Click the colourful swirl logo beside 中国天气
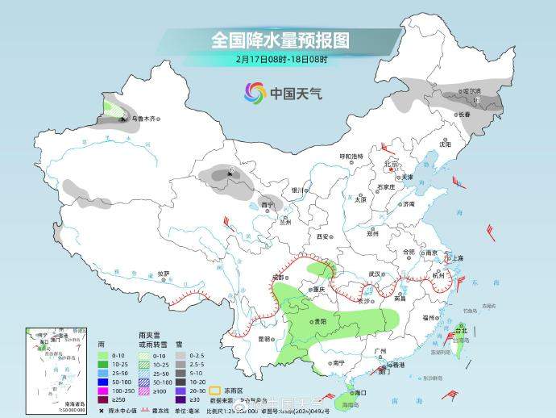(x=255, y=93)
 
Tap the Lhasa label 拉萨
(x=164, y=274)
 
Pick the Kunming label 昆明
(x=263, y=339)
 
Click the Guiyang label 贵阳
(x=321, y=321)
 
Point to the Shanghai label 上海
(x=458, y=258)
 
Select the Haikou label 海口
(x=360, y=393)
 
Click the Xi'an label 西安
(x=323, y=237)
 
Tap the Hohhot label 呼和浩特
(x=351, y=156)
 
